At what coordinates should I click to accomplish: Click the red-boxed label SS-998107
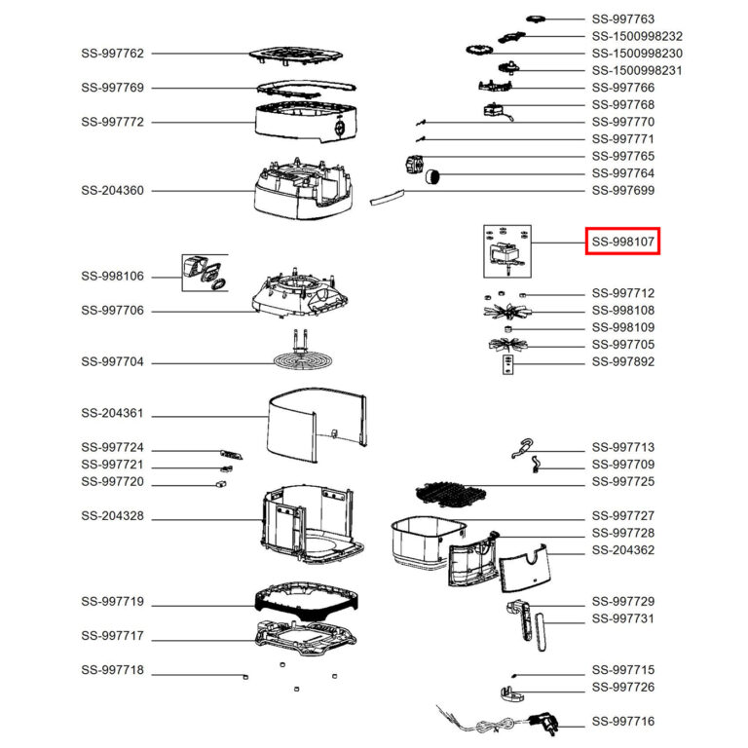[622, 242]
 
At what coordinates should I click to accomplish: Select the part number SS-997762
[112, 54]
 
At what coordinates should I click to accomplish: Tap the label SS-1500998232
[637, 36]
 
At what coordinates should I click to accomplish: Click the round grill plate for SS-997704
[303, 360]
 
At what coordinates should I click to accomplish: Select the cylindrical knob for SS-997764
[432, 176]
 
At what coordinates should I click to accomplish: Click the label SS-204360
[112, 190]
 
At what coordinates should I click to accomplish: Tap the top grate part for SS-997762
[296, 56]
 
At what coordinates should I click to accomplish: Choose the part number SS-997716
[623, 722]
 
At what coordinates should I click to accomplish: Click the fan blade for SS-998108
[505, 312]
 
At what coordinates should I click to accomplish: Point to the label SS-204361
[112, 413]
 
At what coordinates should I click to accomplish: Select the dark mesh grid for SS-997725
[451, 493]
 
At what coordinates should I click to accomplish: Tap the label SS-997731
[623, 618]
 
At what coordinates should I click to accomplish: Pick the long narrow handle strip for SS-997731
[541, 632]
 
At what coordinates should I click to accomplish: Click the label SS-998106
[112, 277]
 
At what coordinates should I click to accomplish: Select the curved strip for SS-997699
[387, 196]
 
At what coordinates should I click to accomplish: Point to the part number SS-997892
[623, 361]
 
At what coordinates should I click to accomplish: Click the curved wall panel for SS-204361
[317, 424]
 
